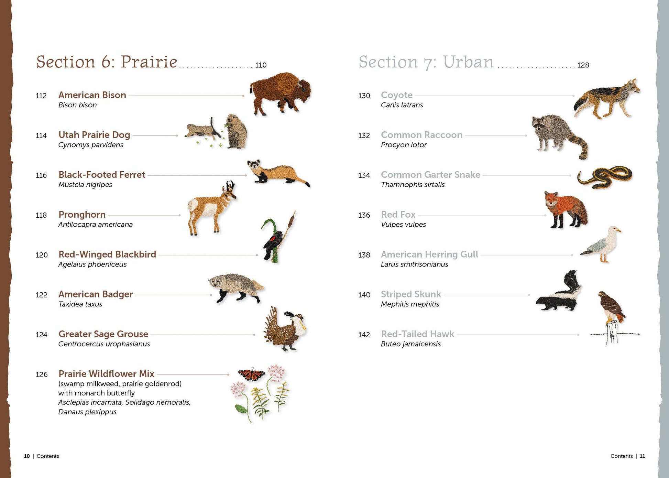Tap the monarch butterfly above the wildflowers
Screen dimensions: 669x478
point(252,373)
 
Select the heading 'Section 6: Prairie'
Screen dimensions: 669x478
point(107,62)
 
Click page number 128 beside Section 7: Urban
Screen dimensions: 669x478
point(583,65)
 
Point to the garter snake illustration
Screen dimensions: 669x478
point(604,176)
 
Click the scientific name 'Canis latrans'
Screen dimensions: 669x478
point(402,105)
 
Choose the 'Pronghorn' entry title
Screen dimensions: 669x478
point(82,215)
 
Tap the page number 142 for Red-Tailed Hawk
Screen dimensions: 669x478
point(364,335)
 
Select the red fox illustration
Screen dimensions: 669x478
point(565,210)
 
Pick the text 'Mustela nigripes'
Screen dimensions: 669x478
point(85,185)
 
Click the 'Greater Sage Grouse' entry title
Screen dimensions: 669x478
point(103,334)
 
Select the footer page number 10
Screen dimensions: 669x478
point(27,456)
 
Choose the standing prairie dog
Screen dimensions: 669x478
point(236,132)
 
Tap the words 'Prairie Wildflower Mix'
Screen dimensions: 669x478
point(106,374)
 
